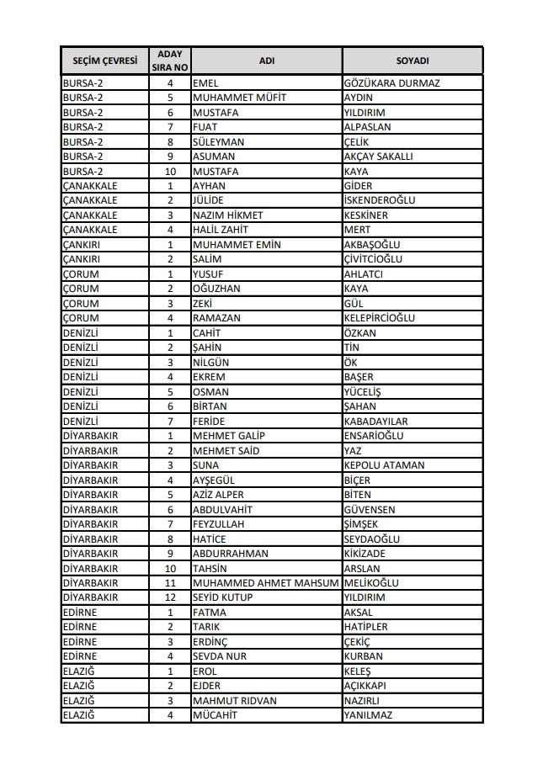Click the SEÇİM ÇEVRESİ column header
104,61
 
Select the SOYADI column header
413,61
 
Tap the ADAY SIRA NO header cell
170,61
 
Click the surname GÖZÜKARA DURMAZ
392,83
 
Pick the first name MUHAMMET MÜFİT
239,98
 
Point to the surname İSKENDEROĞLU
380,200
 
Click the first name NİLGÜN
210,362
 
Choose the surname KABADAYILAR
376,421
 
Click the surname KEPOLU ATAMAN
384,465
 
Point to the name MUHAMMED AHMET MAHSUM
265,583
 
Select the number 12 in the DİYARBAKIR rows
170,597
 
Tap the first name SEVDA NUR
220,656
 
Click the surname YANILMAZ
368,715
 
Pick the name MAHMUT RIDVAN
234,701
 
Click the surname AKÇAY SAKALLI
379,157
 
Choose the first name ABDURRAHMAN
231,554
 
